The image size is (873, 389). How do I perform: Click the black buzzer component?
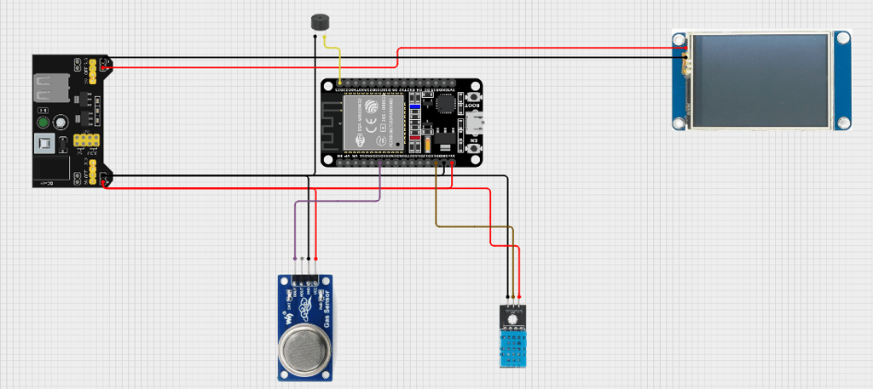[320, 23]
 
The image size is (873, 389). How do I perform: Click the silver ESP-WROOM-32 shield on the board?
[372, 123]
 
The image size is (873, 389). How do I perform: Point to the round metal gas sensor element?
[303, 349]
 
